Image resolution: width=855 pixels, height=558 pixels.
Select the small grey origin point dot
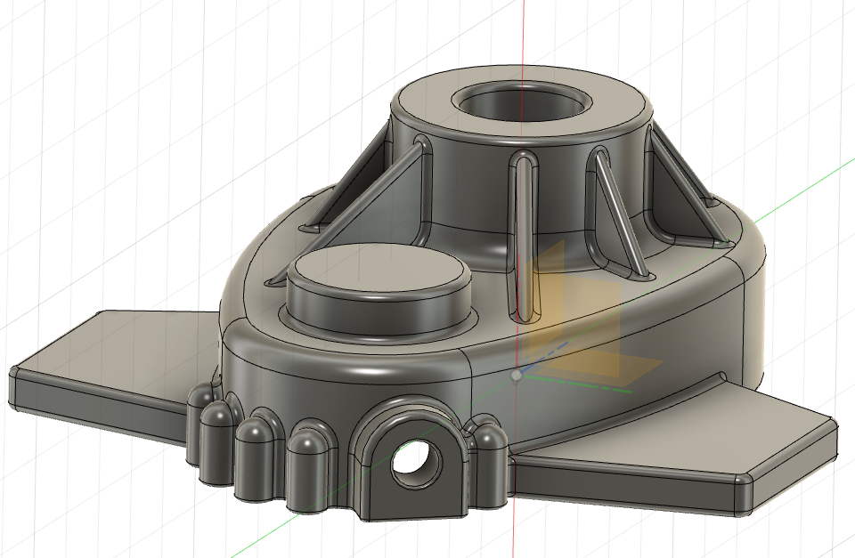tap(517, 376)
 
